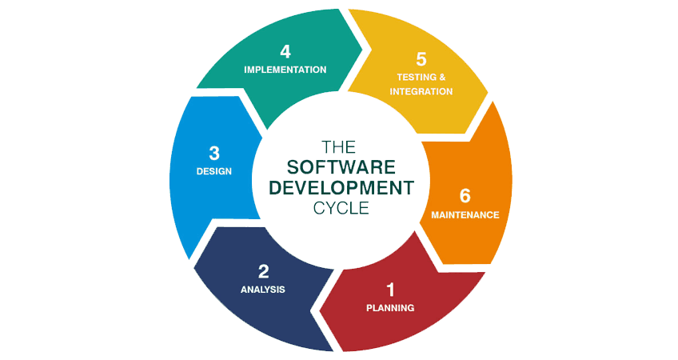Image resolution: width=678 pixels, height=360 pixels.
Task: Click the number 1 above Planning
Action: [x=390, y=290]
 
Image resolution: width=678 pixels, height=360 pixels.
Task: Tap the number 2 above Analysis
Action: [x=263, y=271]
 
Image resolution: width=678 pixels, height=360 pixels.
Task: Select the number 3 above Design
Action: [x=213, y=152]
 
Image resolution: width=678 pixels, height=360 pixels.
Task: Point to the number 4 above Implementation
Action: [x=285, y=52]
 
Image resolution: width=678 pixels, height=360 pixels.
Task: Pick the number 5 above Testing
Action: [x=421, y=58]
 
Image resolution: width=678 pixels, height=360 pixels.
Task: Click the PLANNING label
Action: [x=390, y=308]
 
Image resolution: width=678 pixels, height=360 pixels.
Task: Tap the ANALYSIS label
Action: [x=263, y=290]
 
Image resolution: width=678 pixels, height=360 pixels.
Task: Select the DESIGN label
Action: [x=213, y=171]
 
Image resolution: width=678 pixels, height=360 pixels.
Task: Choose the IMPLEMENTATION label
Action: [x=285, y=70]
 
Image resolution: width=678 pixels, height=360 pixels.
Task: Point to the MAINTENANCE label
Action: [x=465, y=215]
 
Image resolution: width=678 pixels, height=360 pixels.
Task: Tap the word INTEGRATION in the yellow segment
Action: [x=421, y=92]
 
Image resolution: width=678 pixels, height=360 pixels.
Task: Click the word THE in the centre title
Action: [x=337, y=147]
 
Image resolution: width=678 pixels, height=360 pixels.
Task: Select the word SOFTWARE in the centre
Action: [x=341, y=167]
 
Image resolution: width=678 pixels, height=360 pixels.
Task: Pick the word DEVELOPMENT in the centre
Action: [x=341, y=188]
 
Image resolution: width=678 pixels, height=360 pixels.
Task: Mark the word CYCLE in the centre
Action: [x=341, y=207]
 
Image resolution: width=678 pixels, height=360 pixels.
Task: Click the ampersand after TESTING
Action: [x=441, y=77]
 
